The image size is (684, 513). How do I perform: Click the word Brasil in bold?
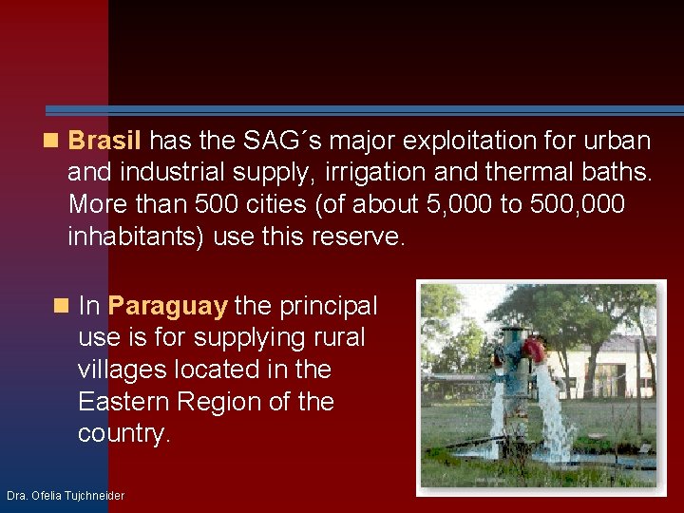tap(104, 142)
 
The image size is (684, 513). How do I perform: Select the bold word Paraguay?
tap(167, 306)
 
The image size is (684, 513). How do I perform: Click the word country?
tap(123, 434)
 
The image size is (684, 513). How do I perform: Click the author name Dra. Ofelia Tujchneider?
tap(65, 496)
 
